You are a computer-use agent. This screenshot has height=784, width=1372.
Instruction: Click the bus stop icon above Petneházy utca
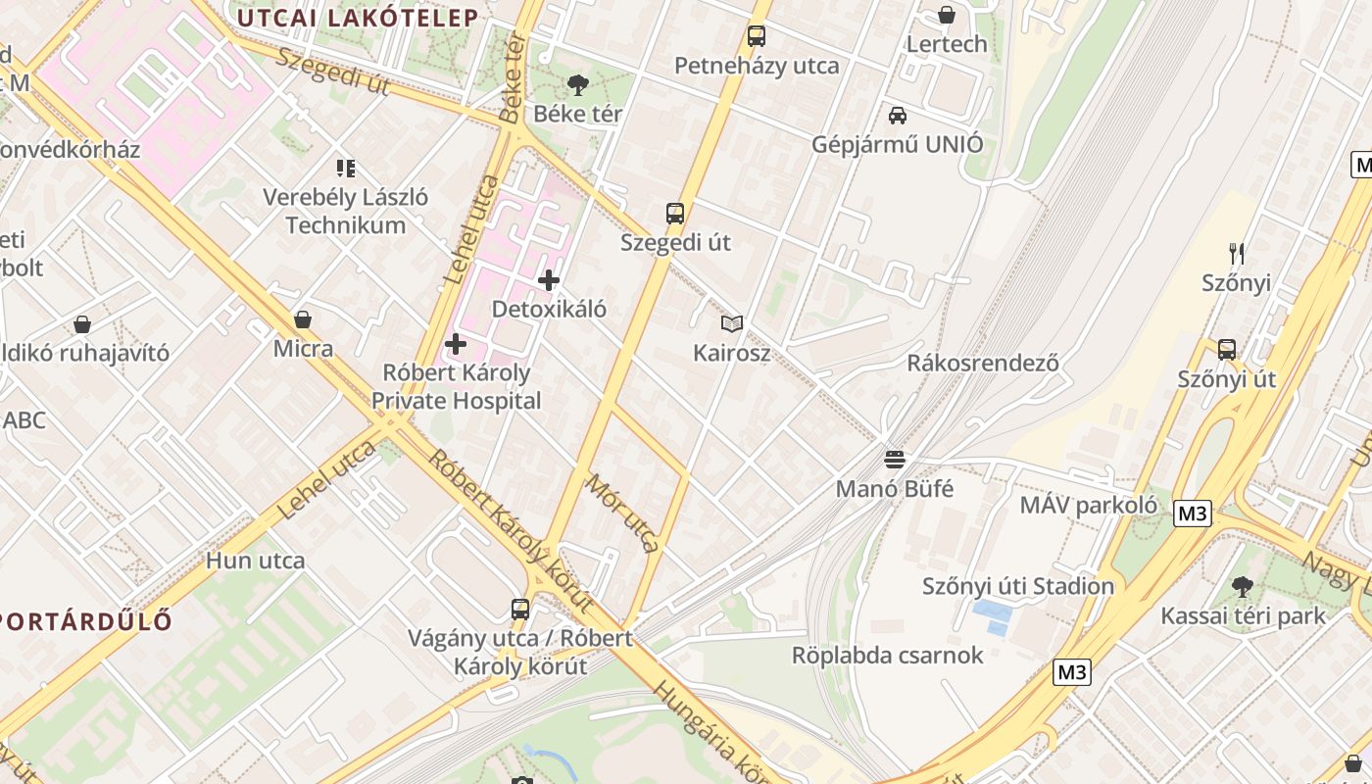coord(756,36)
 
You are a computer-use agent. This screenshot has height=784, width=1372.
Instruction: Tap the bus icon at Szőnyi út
coord(1226,349)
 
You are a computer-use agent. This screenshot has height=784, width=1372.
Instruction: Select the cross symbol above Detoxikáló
coord(549,280)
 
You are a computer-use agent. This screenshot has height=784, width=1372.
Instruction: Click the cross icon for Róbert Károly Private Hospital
coord(456,344)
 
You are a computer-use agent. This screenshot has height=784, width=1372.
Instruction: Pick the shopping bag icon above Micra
coord(303,319)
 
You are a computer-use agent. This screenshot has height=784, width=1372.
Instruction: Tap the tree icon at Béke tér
coord(578,84)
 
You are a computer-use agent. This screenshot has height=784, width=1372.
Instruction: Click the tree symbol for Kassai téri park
coord(1242,587)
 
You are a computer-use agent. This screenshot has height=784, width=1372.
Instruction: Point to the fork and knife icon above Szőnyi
coord(1237,254)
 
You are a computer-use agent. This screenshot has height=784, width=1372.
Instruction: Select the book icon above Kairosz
coord(731,323)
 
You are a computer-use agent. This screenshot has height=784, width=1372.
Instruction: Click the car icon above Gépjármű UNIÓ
coord(897,116)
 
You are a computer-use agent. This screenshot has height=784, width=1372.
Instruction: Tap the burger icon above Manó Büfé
coord(894,459)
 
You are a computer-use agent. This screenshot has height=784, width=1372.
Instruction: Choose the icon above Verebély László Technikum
coord(345,169)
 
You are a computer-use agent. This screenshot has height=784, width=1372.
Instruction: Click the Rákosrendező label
coord(983,363)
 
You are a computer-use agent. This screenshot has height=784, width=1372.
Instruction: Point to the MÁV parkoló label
coord(1088,506)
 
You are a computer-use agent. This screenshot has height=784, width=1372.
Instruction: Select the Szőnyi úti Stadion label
coord(1017,586)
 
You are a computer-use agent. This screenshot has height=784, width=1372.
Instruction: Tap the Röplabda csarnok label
coord(887,655)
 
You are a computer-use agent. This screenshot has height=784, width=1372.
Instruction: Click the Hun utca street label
coord(256,562)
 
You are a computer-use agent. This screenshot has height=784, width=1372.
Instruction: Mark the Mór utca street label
coord(623,513)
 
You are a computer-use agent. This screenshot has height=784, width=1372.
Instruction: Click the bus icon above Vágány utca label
coord(520,609)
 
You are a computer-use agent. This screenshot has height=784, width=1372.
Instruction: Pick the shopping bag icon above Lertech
coord(947,15)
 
